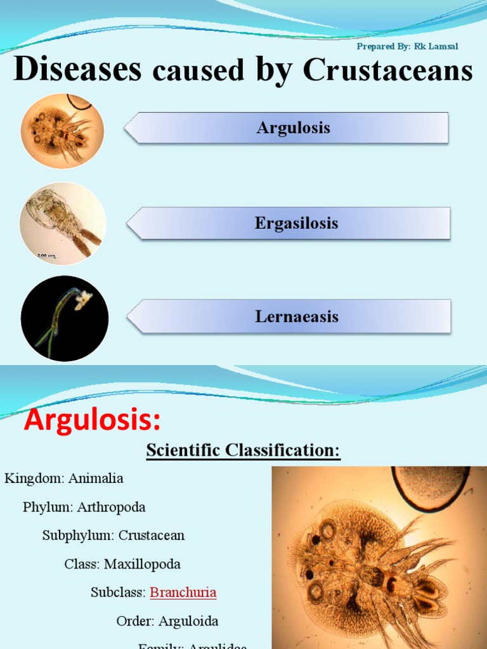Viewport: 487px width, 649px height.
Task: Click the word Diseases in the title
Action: (x=77, y=70)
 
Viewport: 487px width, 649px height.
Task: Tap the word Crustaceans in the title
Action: (x=388, y=71)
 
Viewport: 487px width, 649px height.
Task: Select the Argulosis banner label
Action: (x=293, y=128)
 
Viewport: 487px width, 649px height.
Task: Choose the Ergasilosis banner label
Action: (x=296, y=223)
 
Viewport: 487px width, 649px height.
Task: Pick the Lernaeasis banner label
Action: (x=297, y=316)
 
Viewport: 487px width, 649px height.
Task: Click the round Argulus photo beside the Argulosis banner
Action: (x=62, y=131)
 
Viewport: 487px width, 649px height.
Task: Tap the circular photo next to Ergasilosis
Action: (x=62, y=223)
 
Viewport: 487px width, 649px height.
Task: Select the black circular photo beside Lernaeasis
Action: (x=64, y=318)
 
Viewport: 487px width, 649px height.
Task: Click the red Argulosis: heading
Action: (x=93, y=420)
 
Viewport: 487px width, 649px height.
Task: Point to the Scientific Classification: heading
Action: (x=243, y=451)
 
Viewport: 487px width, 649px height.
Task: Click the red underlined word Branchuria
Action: (x=183, y=593)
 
